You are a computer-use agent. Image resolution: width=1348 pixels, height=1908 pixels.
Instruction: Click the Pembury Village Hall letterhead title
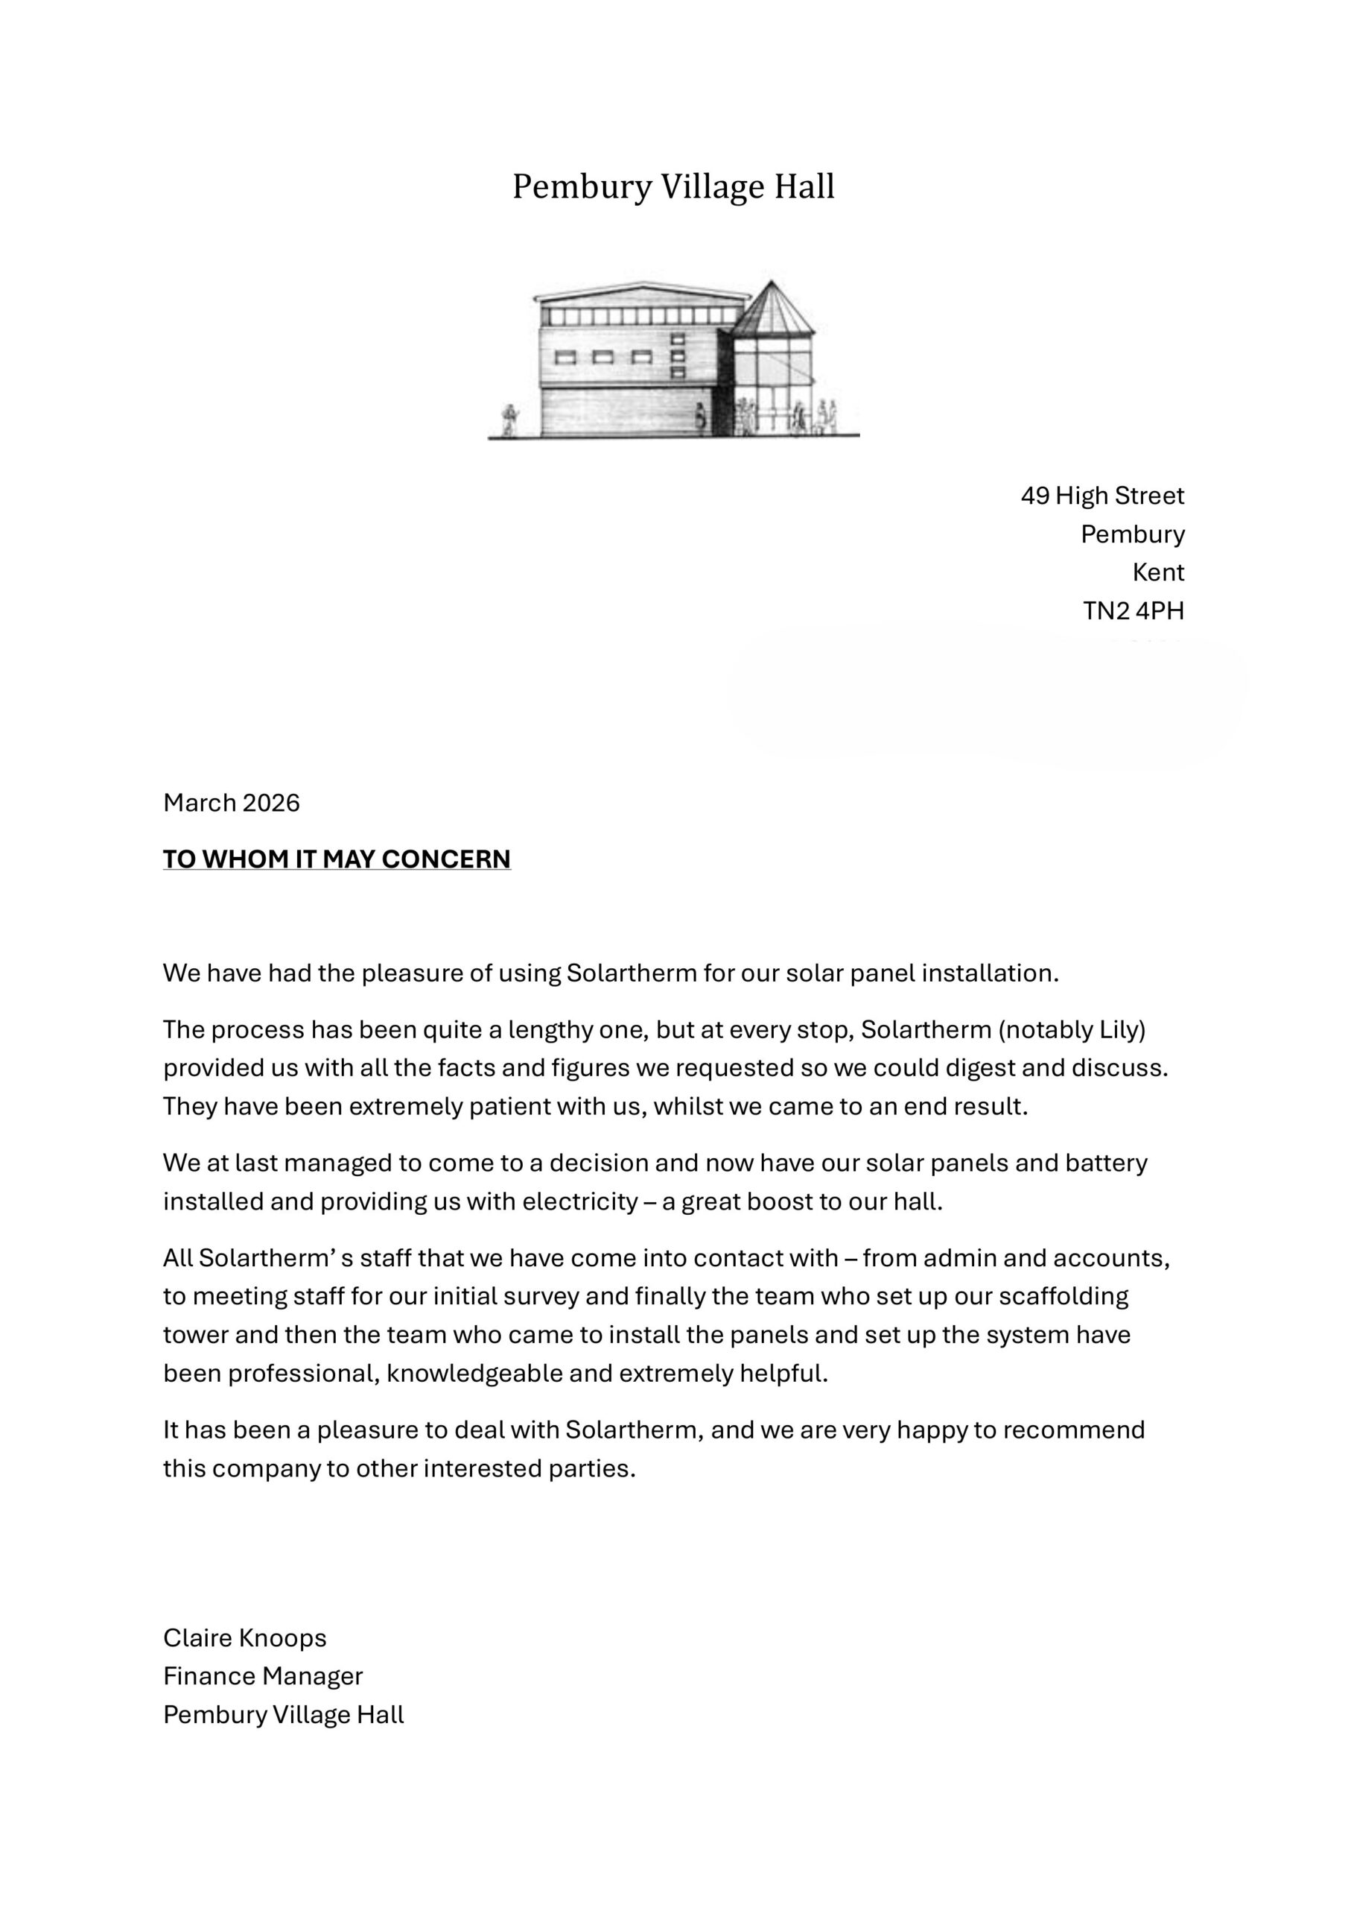(673, 186)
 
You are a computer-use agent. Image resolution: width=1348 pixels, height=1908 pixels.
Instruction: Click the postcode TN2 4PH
(1133, 611)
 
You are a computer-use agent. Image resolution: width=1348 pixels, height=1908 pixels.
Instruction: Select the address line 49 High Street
(1102, 496)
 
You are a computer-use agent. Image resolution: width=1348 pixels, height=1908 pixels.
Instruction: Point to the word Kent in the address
(1158, 572)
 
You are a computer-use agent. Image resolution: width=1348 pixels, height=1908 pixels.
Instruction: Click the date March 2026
(231, 803)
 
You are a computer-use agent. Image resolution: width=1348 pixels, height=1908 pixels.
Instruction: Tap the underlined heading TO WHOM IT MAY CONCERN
(337, 859)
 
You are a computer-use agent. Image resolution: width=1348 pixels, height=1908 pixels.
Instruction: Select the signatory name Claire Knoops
(244, 1637)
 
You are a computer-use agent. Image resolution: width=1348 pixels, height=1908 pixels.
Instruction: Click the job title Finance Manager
(262, 1675)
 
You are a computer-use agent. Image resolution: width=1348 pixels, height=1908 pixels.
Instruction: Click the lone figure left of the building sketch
(509, 420)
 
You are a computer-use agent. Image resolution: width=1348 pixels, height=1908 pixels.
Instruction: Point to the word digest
(976, 1068)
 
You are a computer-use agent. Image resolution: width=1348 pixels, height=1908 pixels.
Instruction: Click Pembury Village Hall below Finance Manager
(283, 1714)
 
